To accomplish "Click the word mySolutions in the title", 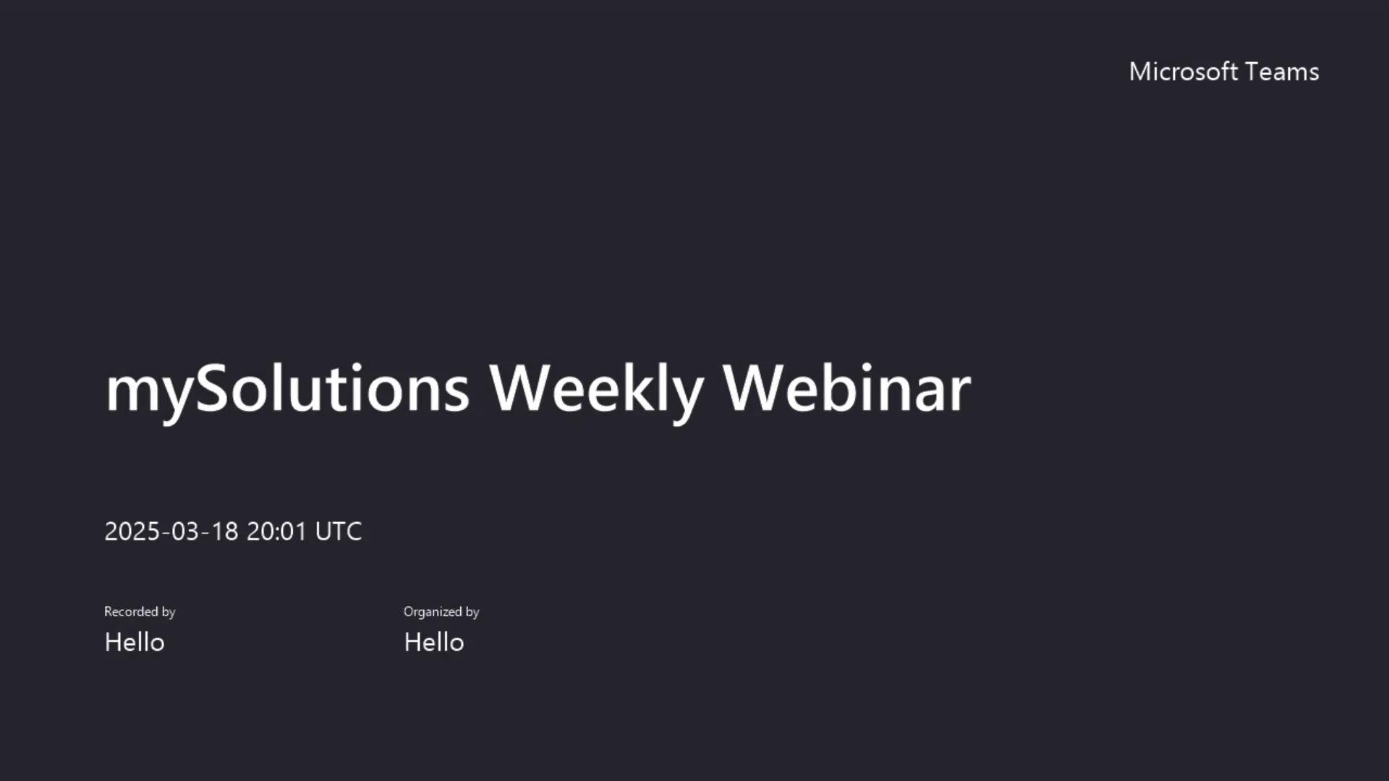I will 287,389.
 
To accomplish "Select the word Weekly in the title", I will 595,389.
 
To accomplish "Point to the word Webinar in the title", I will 846,389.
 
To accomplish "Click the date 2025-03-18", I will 171,532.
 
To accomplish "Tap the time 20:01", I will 276,532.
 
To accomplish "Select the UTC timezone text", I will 339,532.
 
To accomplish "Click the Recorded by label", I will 140,612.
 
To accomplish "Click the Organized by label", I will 441,612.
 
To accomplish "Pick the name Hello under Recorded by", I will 135,642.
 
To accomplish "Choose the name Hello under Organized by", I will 434,642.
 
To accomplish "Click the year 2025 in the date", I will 132,532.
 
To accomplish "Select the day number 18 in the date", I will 224,532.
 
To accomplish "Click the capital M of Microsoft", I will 1141,72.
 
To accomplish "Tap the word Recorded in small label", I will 131,612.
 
